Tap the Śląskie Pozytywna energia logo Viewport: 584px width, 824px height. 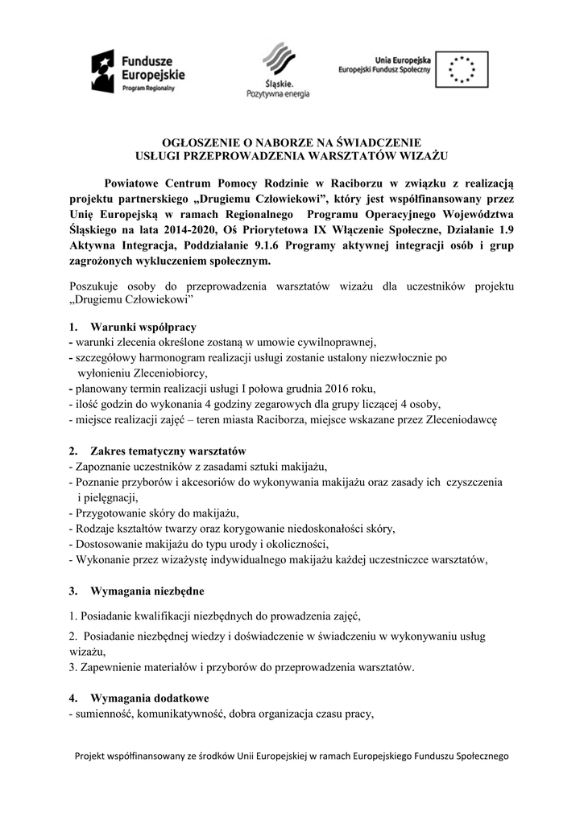(278, 71)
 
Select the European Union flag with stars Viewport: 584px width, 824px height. (462, 68)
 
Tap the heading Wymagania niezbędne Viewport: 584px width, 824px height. (147, 591)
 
